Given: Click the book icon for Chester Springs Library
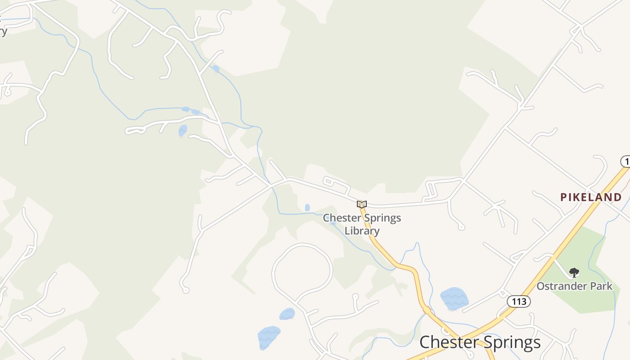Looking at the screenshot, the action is point(362,204).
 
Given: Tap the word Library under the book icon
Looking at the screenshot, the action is point(362,231).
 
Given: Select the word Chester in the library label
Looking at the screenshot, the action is point(342,218).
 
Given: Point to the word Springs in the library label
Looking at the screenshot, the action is point(382,218).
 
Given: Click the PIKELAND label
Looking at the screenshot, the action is point(591,197).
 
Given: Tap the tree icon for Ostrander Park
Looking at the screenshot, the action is point(574,272).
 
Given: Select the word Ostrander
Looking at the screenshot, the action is point(558,286).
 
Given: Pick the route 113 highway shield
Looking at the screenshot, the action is point(519,301).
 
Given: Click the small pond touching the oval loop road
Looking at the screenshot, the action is point(287,314).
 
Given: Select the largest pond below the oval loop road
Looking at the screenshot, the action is point(269,337).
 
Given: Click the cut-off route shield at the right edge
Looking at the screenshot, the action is point(625,161).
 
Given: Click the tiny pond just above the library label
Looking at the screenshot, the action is point(307,207).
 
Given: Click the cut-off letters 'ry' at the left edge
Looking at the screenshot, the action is point(3,31).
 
